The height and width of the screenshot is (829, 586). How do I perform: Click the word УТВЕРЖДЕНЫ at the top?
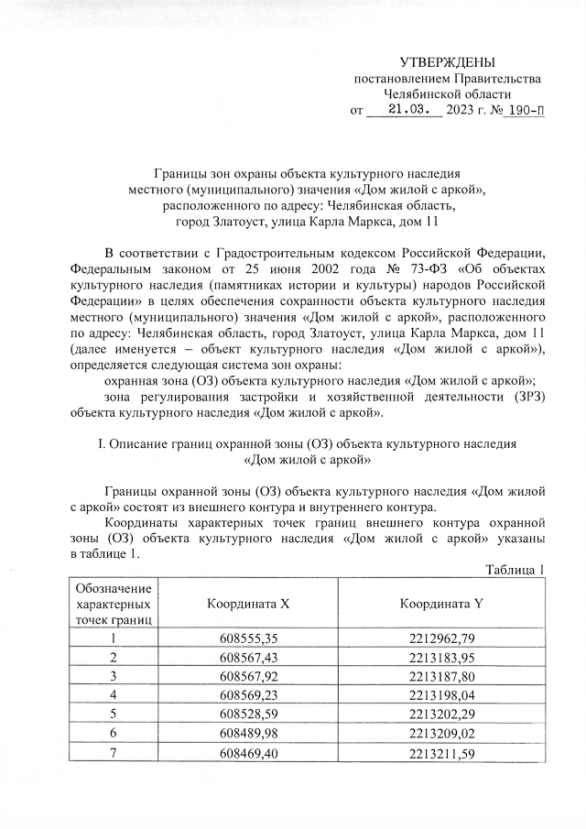pos(447,62)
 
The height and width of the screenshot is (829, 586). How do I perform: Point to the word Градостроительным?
pos(267,252)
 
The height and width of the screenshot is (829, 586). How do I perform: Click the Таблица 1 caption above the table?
pos(515,570)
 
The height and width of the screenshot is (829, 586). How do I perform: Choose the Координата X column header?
pos(247,604)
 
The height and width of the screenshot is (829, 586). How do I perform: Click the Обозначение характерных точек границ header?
pos(114,604)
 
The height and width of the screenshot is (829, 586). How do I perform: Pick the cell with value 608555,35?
pos(247,638)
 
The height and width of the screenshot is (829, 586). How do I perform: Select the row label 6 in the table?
pos(114,734)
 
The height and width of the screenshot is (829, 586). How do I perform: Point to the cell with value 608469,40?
pos(247,753)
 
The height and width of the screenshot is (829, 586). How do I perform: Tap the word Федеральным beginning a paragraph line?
pos(113,268)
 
